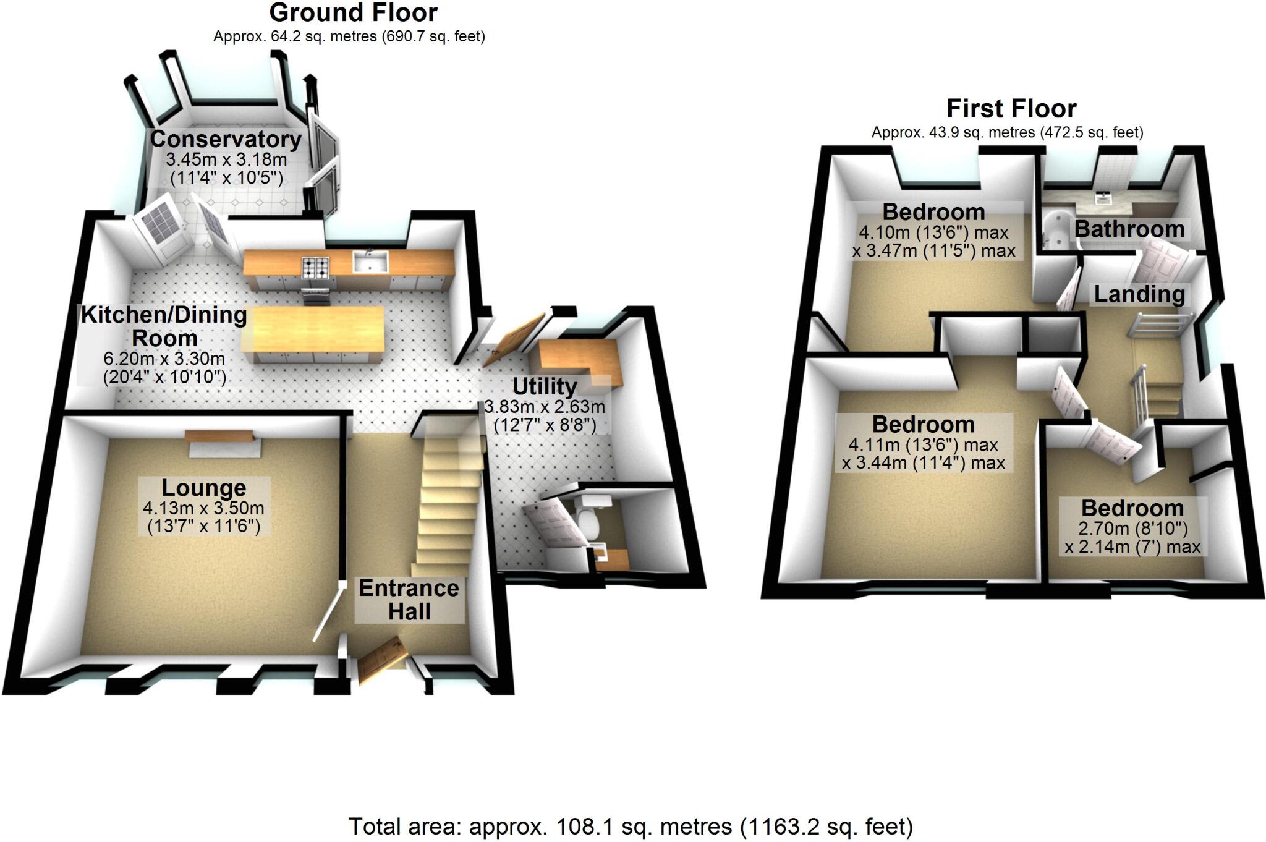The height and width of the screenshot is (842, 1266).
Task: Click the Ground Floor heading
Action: click(353, 13)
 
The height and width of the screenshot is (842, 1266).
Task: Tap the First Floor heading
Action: click(1011, 109)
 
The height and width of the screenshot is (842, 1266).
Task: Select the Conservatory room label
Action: click(226, 139)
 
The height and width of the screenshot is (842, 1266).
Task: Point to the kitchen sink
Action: click(370, 262)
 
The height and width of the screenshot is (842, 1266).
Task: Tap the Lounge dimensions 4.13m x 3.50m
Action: click(203, 508)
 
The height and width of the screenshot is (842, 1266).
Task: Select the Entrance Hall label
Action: click(409, 599)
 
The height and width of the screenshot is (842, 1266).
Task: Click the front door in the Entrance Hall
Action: click(380, 661)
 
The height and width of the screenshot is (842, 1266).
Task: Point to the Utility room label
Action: click(544, 386)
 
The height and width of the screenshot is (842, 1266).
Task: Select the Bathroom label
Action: click(1129, 229)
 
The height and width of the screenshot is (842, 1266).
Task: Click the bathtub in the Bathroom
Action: click(1058, 231)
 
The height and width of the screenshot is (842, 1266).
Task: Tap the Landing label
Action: click(1139, 294)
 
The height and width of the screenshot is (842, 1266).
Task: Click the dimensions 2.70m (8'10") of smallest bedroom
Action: click(1132, 529)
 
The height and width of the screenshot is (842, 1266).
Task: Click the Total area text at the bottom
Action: click(631, 827)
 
